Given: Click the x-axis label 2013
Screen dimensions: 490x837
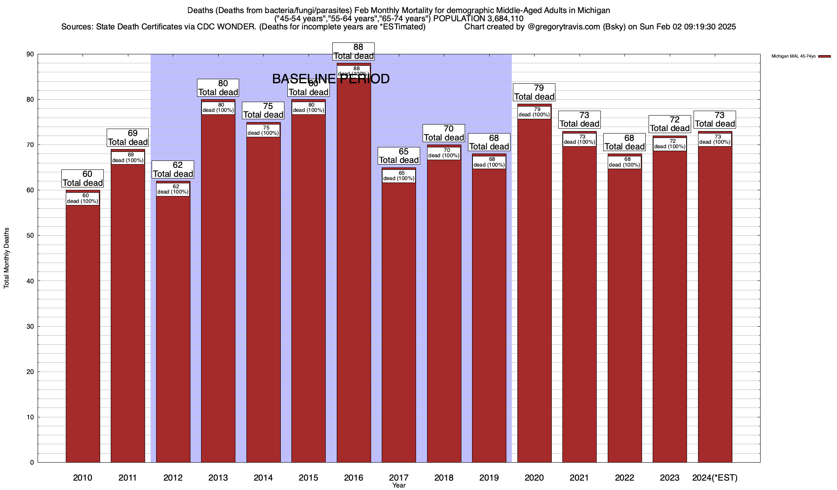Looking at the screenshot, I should [218, 477].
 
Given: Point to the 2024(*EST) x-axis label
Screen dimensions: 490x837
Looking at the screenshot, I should [715, 477].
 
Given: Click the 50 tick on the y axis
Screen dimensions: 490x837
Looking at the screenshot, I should [30, 236].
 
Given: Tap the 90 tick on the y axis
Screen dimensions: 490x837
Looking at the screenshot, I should [30, 54].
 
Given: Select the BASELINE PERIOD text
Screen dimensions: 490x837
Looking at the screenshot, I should [331, 79].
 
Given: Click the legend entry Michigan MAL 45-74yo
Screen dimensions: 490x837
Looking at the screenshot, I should [793, 56].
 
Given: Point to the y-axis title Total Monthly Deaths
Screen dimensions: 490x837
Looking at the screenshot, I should [7, 258].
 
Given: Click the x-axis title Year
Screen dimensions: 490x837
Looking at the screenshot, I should [399, 486].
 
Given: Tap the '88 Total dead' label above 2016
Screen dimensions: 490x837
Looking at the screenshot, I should [354, 51].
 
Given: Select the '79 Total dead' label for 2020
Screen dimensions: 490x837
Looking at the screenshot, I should [534, 92].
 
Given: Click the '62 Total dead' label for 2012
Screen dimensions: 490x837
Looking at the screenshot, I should [173, 169].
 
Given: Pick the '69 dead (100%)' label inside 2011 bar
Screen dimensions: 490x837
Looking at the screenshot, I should [128, 158].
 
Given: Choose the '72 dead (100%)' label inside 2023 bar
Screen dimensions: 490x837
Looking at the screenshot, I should [670, 144].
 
